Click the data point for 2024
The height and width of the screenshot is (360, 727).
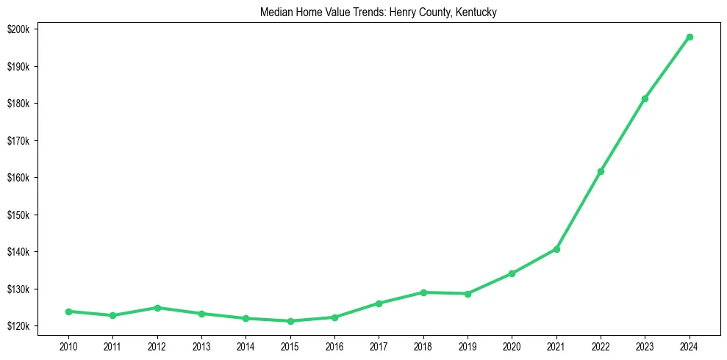pos(690,37)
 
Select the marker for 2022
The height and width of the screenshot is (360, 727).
pos(601,171)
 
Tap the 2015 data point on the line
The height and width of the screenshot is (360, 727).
pos(290,321)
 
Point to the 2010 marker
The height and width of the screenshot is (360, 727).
pos(68,312)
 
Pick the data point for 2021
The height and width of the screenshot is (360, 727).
pos(556,249)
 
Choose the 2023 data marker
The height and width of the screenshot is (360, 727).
pos(645,98)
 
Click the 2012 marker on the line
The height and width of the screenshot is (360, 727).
pos(157,308)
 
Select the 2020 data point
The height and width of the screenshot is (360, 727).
pos(512,273)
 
